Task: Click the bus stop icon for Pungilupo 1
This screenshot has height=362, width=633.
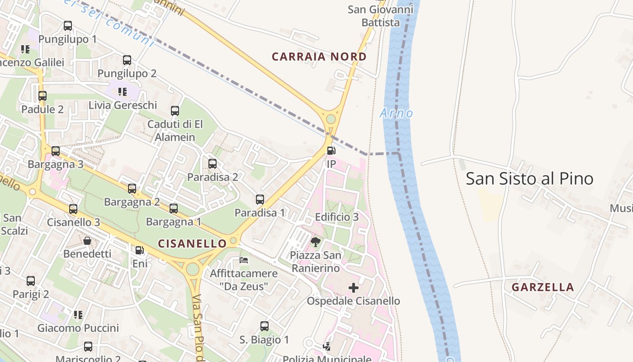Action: coord(68,26)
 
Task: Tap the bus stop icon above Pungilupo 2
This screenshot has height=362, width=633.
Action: coord(127,60)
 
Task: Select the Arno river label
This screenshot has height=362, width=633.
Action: coord(397,113)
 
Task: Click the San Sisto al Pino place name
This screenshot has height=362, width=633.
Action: coord(529,179)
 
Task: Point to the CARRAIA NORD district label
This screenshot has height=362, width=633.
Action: coord(319,57)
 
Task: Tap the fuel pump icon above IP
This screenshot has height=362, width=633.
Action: coord(331,151)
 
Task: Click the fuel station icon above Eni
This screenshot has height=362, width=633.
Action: coord(140,250)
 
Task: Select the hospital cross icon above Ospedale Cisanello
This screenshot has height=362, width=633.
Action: coord(354,288)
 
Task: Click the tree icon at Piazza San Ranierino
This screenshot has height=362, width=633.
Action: coord(316,242)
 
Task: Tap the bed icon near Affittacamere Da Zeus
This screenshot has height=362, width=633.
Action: coord(244,260)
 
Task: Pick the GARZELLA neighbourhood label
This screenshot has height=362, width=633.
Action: coord(543,287)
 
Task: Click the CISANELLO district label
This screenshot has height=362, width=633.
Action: coord(192,243)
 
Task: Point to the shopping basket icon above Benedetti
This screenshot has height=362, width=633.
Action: coord(87,240)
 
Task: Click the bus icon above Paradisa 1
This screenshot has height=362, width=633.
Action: coord(260,199)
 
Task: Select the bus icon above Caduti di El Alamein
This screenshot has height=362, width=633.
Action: coord(175,110)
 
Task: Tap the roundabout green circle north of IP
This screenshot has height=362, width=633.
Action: coord(331,119)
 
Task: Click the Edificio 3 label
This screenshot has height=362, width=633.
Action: coord(337,217)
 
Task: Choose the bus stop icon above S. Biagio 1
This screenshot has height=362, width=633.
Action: coord(265,326)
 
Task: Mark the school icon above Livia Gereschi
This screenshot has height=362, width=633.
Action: coord(122,92)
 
